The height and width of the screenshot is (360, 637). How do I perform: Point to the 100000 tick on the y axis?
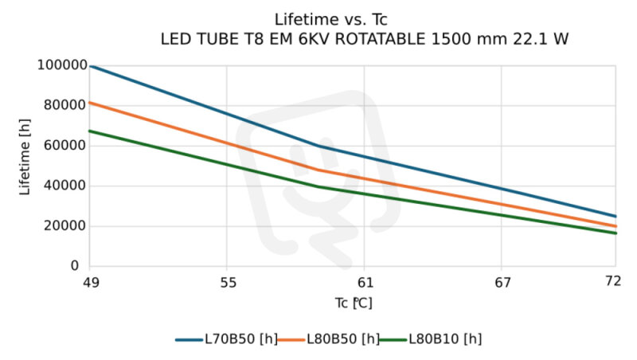pos(61,65)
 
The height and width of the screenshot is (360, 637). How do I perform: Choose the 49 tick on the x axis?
pos(90,281)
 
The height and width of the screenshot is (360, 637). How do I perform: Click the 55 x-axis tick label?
pos(227,281)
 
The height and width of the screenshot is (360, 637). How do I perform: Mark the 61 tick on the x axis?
pos(364,281)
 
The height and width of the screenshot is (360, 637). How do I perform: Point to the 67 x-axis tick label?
pos(501,281)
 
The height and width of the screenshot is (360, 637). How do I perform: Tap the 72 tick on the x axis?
pos(614,281)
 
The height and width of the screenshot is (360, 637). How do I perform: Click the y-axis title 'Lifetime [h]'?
pos(25,165)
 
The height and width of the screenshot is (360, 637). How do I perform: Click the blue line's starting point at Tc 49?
pos(91,66)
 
